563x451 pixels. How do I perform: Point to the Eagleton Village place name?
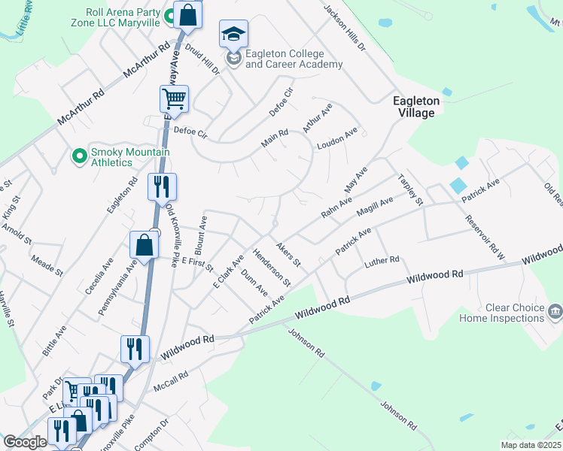414,106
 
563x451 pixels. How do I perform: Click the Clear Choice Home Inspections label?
502,313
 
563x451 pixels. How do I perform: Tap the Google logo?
26,442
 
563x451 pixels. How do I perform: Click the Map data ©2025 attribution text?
531,445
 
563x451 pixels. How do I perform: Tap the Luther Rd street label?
382,259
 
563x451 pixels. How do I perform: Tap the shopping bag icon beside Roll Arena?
187,14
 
